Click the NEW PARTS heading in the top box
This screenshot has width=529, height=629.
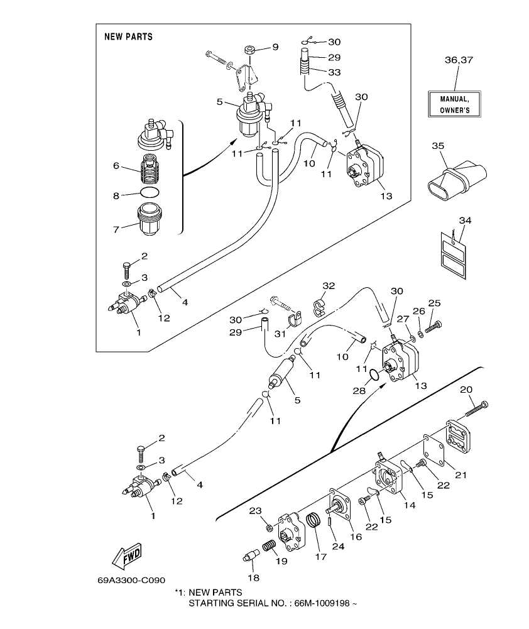128,37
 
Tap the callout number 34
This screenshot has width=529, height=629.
464,221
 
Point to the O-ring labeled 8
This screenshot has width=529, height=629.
149,192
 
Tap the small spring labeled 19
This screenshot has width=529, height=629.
268,545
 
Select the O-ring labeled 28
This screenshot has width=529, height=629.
373,375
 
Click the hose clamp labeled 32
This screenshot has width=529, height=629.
320,307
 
